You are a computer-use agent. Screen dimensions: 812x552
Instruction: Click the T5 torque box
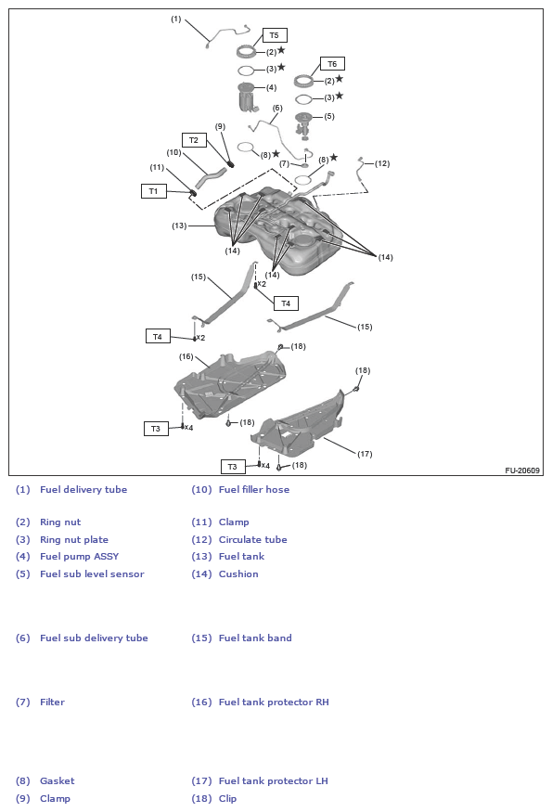274,35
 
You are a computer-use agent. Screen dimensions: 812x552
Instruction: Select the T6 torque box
332,64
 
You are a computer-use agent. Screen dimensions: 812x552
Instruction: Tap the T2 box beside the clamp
194,140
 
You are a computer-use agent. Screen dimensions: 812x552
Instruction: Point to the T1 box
153,191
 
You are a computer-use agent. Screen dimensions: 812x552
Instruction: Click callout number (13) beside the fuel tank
179,226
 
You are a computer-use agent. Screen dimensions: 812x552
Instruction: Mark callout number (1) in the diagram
175,19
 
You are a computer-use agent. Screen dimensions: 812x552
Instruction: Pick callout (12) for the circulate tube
381,163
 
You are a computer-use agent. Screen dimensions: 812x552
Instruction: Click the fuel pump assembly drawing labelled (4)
247,97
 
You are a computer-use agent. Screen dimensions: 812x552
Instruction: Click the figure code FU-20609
522,470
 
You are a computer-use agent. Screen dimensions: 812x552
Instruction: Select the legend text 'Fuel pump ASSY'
79,557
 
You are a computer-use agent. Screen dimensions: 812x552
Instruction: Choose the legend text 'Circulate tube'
252,540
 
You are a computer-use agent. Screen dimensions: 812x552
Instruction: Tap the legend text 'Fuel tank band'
255,638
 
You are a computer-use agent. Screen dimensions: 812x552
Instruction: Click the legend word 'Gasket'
57,781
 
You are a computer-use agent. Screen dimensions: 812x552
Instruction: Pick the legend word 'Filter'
52,702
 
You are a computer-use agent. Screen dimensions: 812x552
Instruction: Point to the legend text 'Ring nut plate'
73,540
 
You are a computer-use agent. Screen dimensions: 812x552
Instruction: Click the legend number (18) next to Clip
201,799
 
